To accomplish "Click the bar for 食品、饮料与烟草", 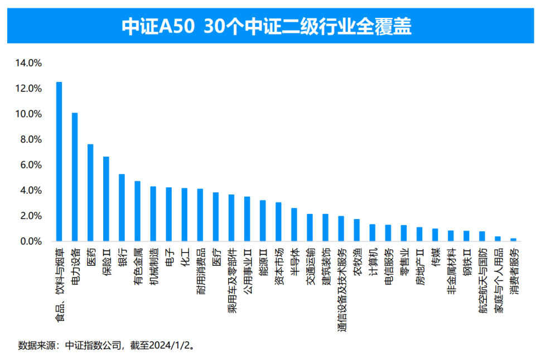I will (59, 162).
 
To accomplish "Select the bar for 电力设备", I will (75, 177).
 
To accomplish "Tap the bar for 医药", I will (90, 193).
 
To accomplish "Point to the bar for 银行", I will (122, 208).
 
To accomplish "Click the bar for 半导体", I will (294, 225).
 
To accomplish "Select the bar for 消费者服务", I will (513, 240).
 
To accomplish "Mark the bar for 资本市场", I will (278, 222).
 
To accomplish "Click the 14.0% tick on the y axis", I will (28, 63).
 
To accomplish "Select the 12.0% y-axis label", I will (28, 89).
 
